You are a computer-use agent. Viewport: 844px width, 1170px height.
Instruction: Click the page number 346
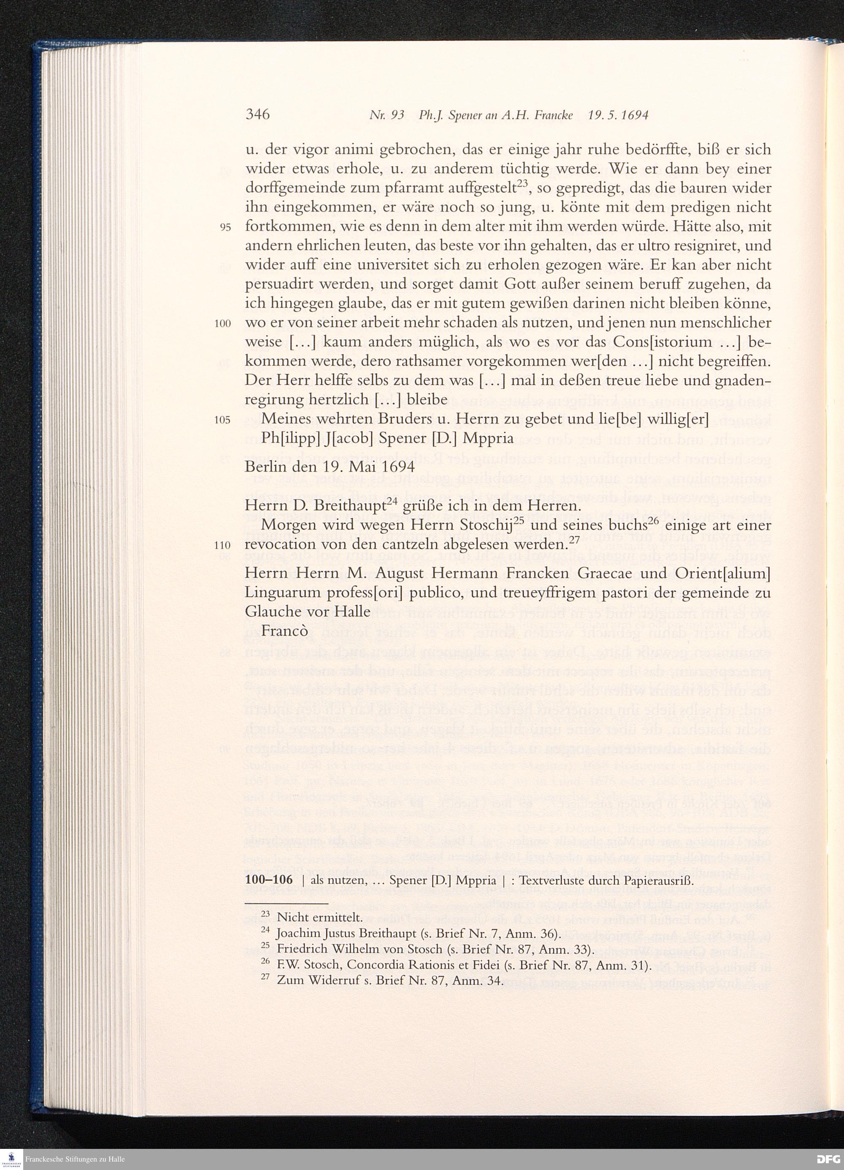pos(257,114)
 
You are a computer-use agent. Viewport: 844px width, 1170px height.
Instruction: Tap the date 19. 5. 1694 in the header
pos(618,116)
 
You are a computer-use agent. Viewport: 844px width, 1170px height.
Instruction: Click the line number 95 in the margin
pos(225,228)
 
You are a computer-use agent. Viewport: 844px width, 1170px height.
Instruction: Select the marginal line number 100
pos(222,324)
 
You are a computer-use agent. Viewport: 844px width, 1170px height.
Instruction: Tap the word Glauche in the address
pos(273,611)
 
